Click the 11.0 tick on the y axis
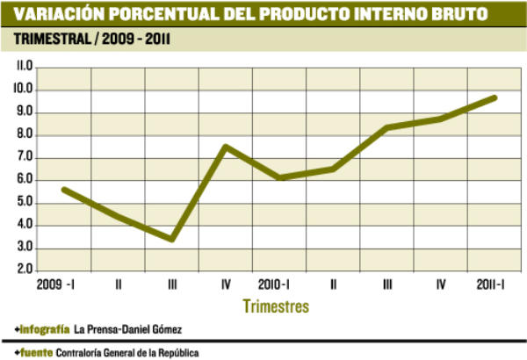[22, 67]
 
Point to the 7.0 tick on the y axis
[23, 157]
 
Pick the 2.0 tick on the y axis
[23, 270]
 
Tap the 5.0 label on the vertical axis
[23, 203]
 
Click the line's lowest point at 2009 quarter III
[172, 239]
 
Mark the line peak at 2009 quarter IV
[226, 147]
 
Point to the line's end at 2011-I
[495, 97]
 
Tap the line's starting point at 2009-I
[64, 189]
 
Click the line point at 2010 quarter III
[387, 128]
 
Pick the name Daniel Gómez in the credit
[155, 328]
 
